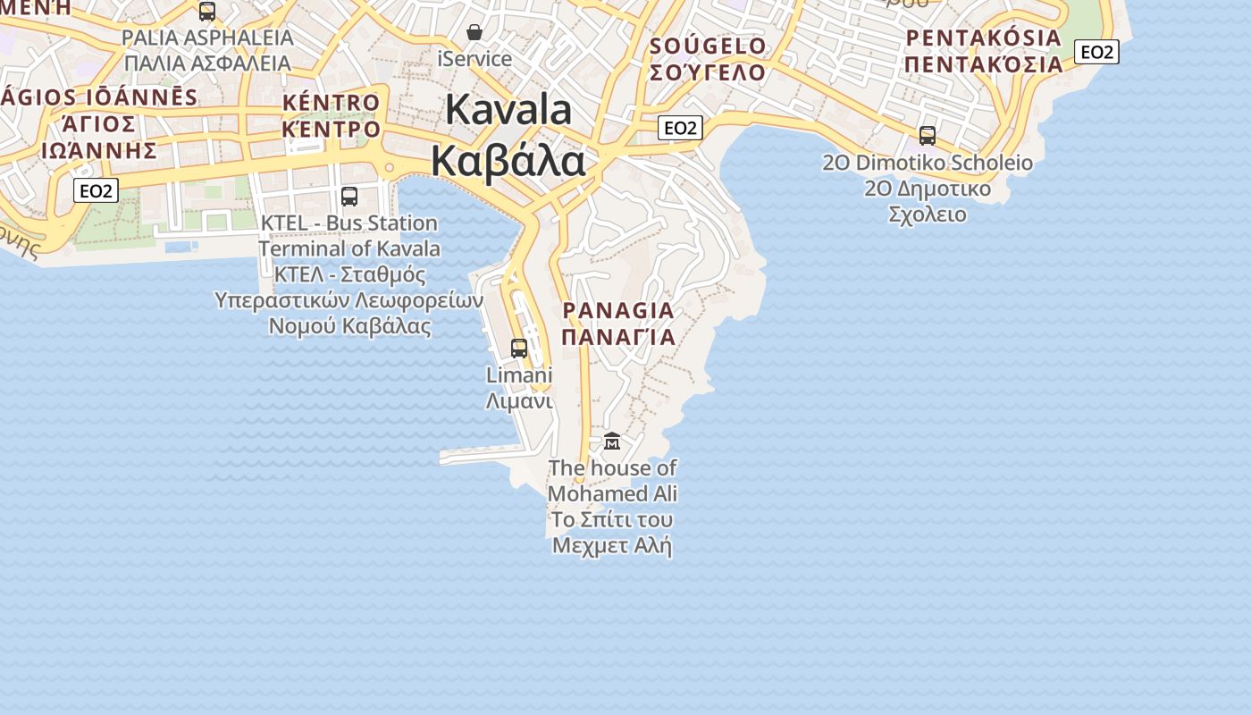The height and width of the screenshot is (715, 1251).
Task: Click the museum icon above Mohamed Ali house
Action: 612,441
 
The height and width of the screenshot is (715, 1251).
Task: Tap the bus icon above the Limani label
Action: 519,348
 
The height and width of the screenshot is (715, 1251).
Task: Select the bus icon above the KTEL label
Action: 349,196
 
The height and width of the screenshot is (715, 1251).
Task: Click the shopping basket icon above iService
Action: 474,33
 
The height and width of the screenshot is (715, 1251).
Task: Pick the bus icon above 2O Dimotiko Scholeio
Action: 928,136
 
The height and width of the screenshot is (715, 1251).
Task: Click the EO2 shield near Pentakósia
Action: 1096,52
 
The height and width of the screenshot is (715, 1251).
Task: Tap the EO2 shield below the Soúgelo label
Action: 680,128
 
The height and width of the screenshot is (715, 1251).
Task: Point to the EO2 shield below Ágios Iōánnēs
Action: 96,190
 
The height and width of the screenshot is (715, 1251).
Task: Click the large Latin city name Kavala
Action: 508,110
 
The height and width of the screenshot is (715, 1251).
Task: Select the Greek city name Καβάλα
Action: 508,161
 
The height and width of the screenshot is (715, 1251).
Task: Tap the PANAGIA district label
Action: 618,311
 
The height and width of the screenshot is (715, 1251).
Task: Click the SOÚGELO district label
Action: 708,46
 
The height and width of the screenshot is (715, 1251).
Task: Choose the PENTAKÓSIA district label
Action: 983,38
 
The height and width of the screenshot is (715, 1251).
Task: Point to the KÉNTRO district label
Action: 332,103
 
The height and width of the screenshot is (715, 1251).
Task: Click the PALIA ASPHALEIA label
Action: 207,38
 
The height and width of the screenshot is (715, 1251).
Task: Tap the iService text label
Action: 474,59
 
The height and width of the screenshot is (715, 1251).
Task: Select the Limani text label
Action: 518,375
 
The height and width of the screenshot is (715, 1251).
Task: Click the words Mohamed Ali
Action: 612,493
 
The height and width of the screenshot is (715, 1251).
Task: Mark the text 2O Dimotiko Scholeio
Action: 928,163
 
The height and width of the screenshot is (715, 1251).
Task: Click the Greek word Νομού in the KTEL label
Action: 303,325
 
